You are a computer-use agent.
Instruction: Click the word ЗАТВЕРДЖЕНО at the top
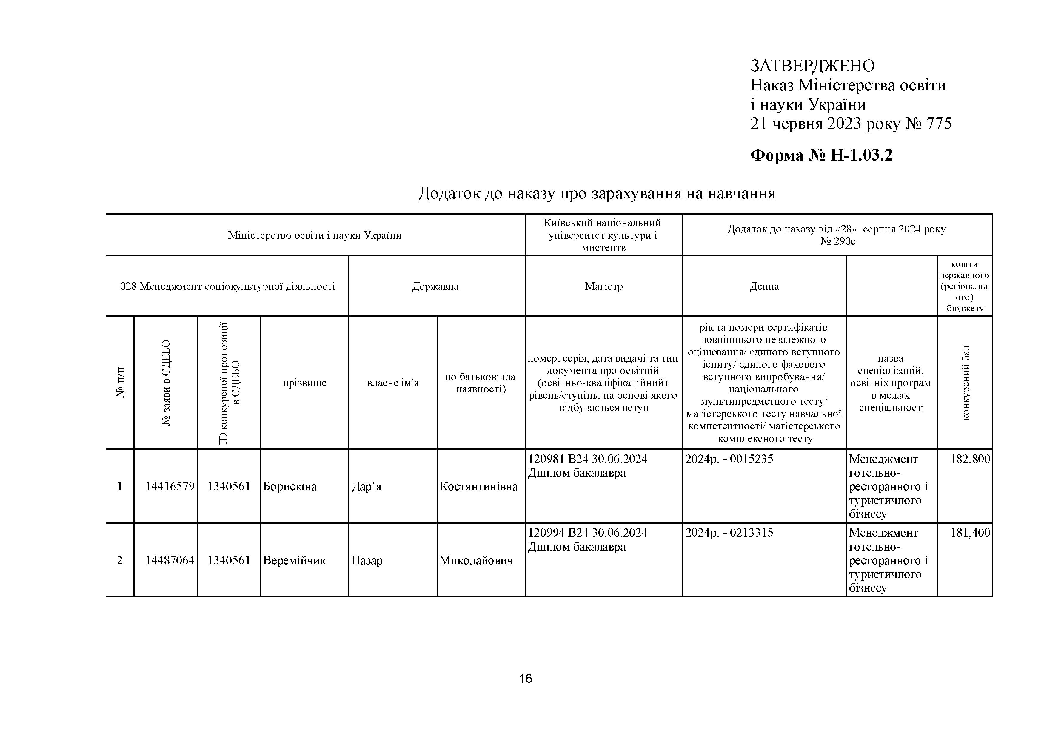pyautogui.click(x=813, y=66)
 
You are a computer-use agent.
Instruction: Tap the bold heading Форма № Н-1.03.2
pyautogui.click(x=821, y=155)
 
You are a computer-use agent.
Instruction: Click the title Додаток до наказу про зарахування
pyautogui.click(x=596, y=193)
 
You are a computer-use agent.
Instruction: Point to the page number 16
pyautogui.click(x=525, y=679)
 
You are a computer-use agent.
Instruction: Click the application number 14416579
pyautogui.click(x=170, y=486)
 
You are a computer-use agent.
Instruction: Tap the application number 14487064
pyautogui.click(x=170, y=560)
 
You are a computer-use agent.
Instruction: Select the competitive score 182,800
pyautogui.click(x=970, y=459)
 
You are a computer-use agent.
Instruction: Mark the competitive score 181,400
pyautogui.click(x=970, y=533)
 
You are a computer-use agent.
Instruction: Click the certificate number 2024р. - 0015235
pyautogui.click(x=729, y=459)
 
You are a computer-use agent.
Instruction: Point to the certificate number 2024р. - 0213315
pyautogui.click(x=729, y=533)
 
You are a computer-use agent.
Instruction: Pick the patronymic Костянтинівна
pyautogui.click(x=478, y=486)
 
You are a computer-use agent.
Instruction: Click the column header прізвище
pyautogui.click(x=305, y=383)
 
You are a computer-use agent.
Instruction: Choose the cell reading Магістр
pyautogui.click(x=604, y=286)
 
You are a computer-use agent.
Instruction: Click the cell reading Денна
pyautogui.click(x=764, y=286)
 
